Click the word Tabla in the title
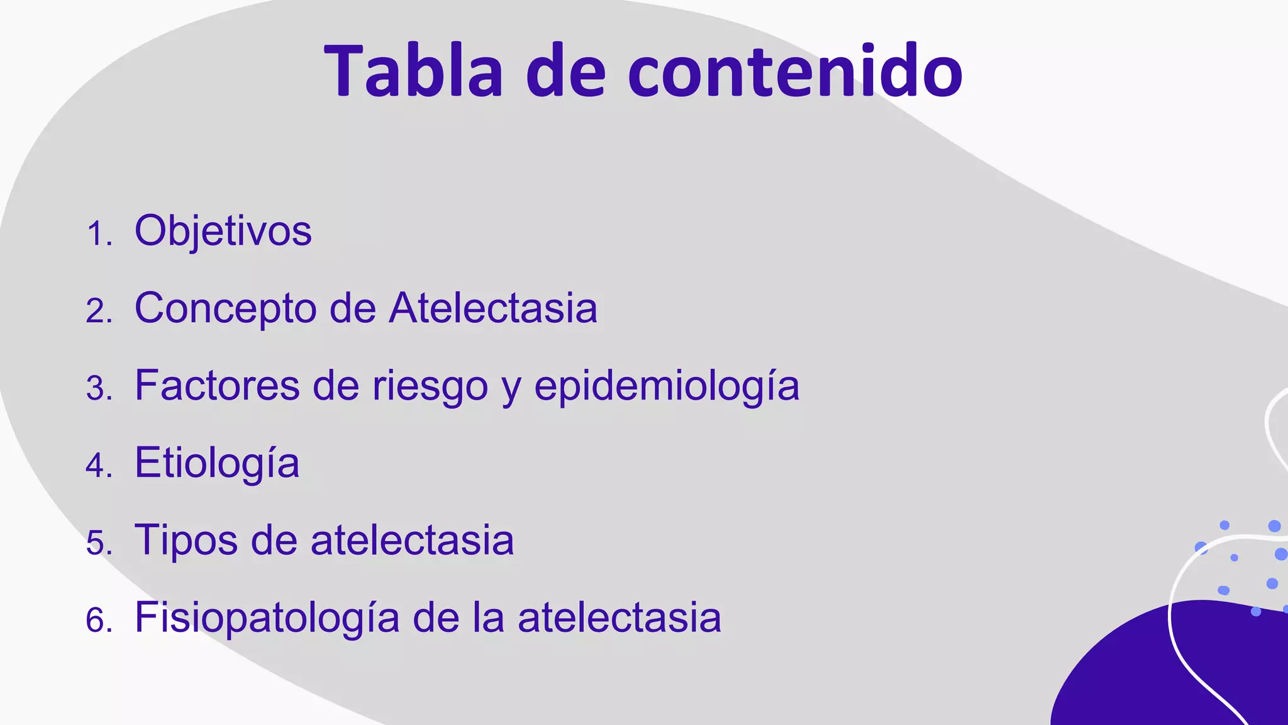tap(413, 70)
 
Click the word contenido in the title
tap(795, 70)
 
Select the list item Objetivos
tap(223, 231)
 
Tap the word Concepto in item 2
tap(225, 308)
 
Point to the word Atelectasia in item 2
tap(493, 308)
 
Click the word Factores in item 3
tap(217, 385)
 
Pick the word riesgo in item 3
tap(430, 386)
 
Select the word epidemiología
tap(667, 386)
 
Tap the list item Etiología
tap(217, 463)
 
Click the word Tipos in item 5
tap(186, 540)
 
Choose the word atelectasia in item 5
tap(413, 540)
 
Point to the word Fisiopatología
tap(267, 618)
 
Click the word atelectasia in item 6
tap(619, 618)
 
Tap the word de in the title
tap(565, 70)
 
